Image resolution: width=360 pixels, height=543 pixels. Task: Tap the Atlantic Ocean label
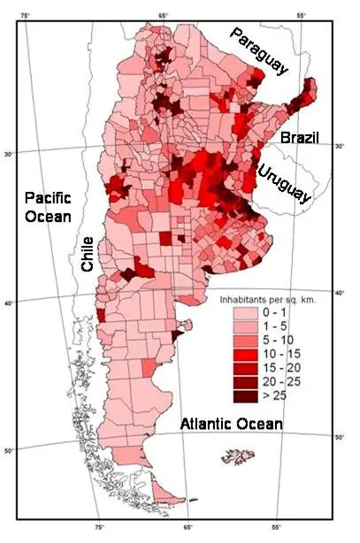coord(231,424)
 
